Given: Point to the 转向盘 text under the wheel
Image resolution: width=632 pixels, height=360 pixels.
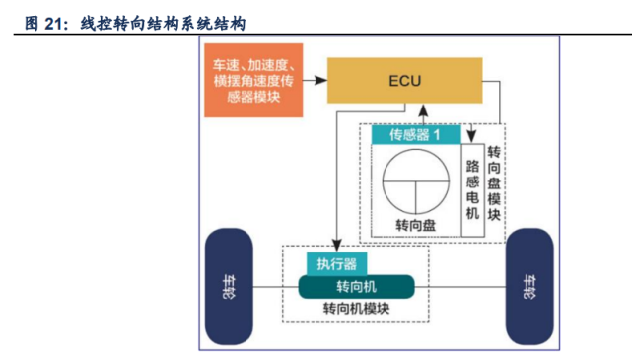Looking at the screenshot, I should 415,226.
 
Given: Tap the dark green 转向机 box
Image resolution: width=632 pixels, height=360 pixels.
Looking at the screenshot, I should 356,286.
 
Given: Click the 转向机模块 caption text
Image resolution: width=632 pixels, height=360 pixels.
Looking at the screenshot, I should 356,309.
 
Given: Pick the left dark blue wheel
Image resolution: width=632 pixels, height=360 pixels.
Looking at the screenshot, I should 230,286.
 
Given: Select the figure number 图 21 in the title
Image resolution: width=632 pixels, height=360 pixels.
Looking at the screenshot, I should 44,19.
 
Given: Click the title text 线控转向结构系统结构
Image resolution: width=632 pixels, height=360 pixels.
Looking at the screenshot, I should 163,19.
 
